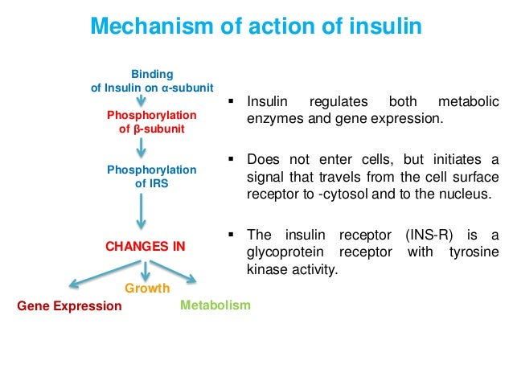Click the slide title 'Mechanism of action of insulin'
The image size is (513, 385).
[256, 27]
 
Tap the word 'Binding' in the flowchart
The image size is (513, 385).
[152, 74]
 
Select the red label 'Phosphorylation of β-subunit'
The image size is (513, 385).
[151, 123]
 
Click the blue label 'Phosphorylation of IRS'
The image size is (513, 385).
[151, 177]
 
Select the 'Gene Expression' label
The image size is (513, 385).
[69, 306]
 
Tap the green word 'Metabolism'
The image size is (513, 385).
[215, 305]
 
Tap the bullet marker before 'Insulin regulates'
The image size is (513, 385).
[232, 103]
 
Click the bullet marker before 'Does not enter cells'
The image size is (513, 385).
[232, 158]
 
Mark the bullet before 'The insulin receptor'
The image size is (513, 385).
[232, 235]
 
